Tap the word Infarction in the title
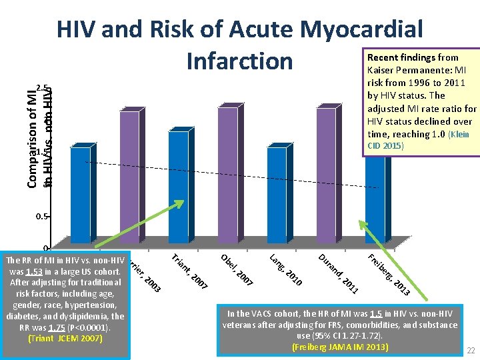point(240,61)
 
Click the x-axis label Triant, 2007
point(190,272)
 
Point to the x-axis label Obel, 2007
point(237,269)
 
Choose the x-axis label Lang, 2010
point(286,270)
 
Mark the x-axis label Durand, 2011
point(339,273)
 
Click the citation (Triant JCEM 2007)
point(65,338)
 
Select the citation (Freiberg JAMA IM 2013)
point(340,347)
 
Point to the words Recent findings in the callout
point(398,58)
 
